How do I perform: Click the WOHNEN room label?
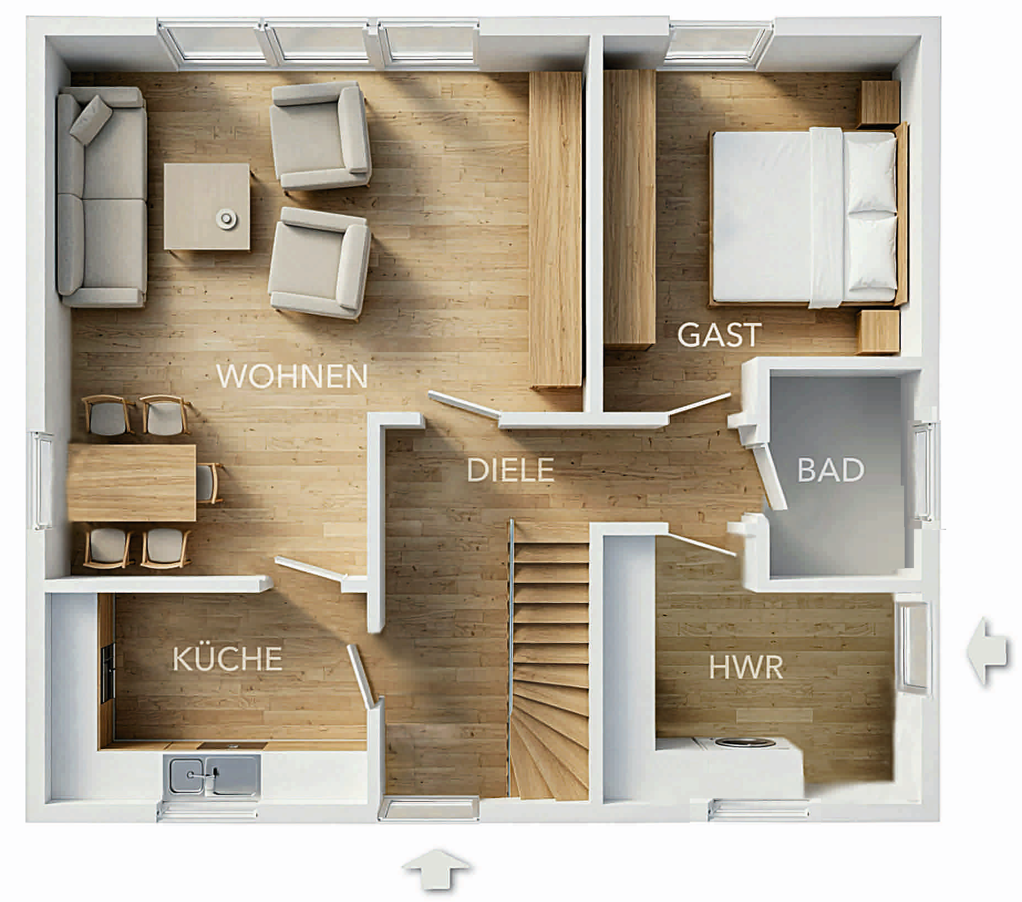[x=292, y=377]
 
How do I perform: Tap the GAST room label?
[x=719, y=335]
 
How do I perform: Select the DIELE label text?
[x=510, y=470]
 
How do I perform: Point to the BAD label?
[x=830, y=470]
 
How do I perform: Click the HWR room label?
[x=746, y=667]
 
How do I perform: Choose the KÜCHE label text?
[x=227, y=658]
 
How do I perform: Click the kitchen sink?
[x=214, y=775]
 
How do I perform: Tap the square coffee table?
[x=207, y=206]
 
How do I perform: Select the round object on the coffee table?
[x=226, y=218]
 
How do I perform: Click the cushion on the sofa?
[x=90, y=120]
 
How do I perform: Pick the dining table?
[x=132, y=482]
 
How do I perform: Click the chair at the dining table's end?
[x=209, y=483]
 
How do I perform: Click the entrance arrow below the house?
[x=436, y=869]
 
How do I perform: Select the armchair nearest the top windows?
[x=319, y=136]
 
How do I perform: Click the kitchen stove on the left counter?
[x=107, y=673]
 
